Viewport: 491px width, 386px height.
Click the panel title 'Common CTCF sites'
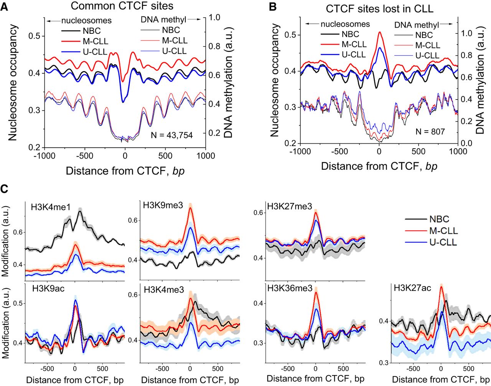coord(122,6)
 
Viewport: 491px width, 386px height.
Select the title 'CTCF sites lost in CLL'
coord(380,9)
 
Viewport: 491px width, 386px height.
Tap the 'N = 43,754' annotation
coord(172,135)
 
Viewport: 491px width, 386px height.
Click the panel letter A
coord(5,8)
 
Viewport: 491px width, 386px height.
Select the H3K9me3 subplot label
coord(162,205)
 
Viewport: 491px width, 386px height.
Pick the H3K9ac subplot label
coord(49,288)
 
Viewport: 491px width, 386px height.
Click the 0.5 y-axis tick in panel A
coord(34,36)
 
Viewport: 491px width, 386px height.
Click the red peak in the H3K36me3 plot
coord(316,292)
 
